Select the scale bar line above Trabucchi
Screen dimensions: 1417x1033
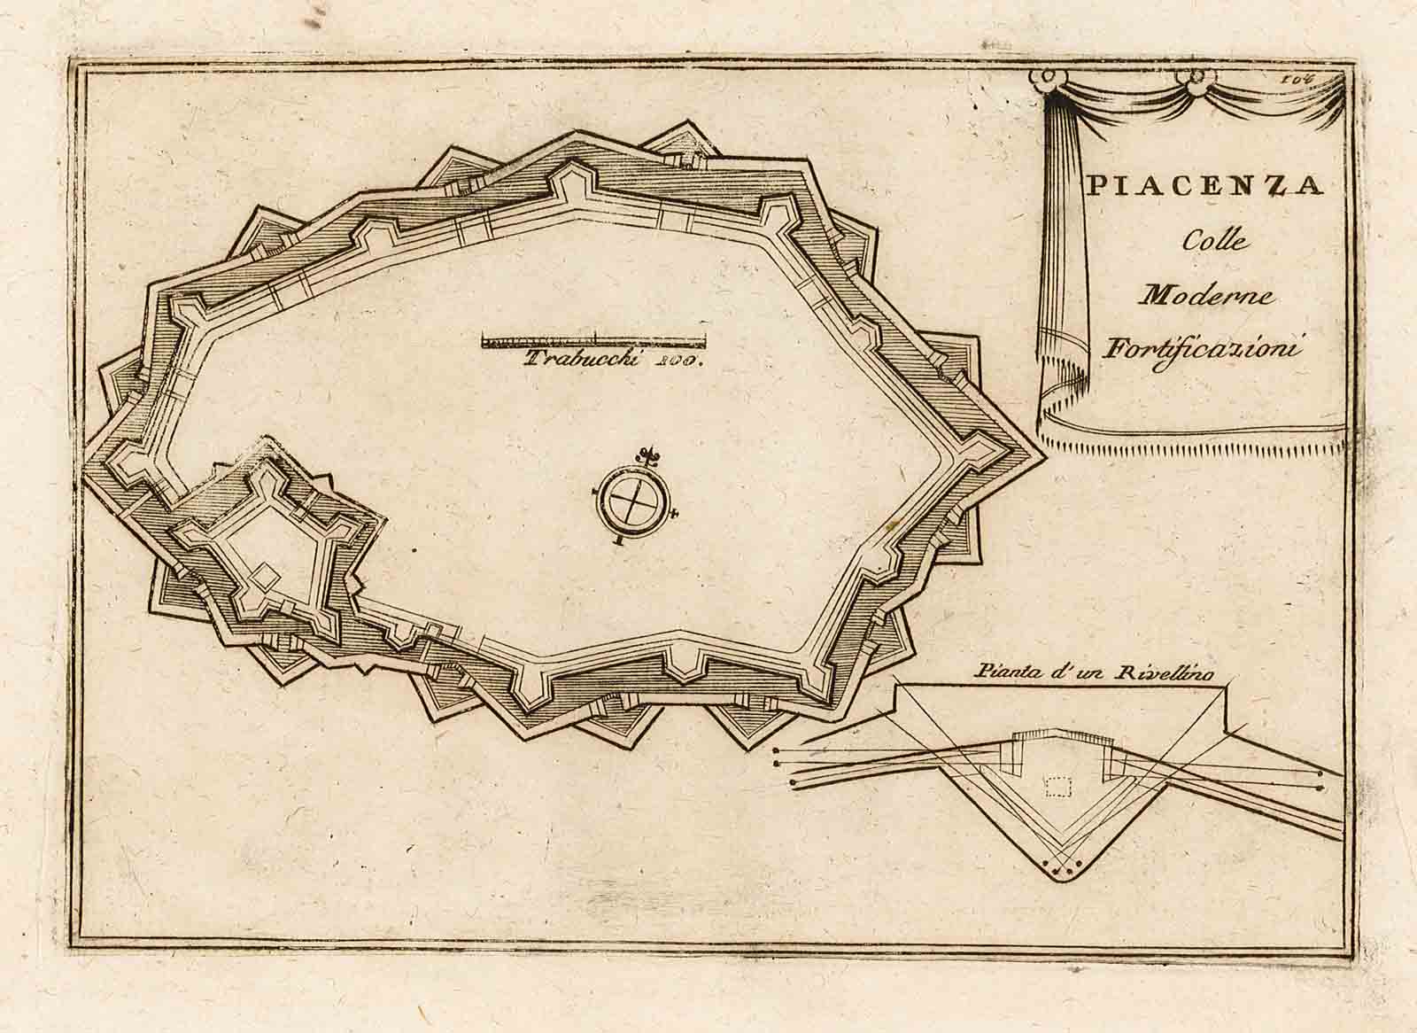[593, 339]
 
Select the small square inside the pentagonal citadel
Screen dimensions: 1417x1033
[261, 579]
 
